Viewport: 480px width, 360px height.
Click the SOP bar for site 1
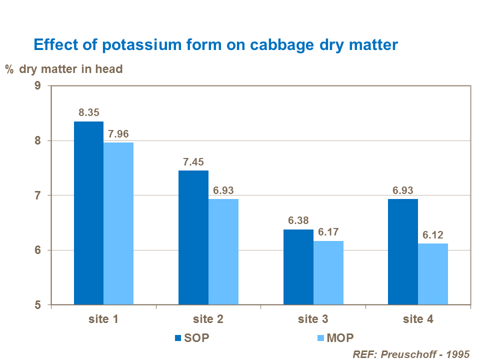(x=88, y=213)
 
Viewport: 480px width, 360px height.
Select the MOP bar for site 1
(x=118, y=223)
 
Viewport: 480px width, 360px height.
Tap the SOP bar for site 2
(x=193, y=237)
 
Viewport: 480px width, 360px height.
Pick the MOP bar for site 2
(x=223, y=251)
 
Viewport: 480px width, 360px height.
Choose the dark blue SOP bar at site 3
(x=298, y=267)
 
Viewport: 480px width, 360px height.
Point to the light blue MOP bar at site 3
(x=328, y=272)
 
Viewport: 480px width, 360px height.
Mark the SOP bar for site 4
(x=403, y=251)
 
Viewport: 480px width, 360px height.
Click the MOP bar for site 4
(x=433, y=274)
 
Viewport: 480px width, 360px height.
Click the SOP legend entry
(x=191, y=337)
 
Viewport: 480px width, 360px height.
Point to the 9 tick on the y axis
(x=38, y=86)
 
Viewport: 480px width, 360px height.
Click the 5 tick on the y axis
(x=38, y=305)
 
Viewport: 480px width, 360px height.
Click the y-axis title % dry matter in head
(x=64, y=69)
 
